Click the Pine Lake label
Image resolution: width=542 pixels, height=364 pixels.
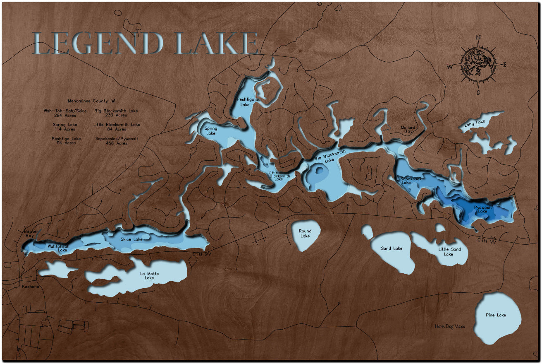[x=496, y=315]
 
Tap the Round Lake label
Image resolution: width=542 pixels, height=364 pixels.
[x=305, y=234]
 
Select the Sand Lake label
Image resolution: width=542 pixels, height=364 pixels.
[x=392, y=248]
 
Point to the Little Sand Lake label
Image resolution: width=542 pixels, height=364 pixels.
[x=449, y=252]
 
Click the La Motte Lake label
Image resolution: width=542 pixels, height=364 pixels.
[x=149, y=276]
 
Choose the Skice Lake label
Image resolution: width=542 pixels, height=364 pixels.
[x=131, y=239]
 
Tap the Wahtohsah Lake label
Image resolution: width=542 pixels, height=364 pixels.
[x=57, y=248]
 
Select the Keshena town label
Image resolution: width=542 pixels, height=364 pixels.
[x=31, y=287]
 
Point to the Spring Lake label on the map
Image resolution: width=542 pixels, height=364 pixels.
[x=210, y=131]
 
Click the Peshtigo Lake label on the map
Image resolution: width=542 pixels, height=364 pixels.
[x=246, y=102]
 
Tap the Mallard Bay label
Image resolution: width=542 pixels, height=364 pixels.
[x=408, y=129]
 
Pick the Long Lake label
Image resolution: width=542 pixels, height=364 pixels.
[x=475, y=123]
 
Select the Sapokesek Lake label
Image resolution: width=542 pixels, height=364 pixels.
[x=411, y=180]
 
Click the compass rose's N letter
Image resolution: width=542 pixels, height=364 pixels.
[x=478, y=38]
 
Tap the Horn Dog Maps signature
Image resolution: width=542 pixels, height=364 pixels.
[x=449, y=326]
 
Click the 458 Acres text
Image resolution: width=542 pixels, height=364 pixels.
[x=117, y=143]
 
